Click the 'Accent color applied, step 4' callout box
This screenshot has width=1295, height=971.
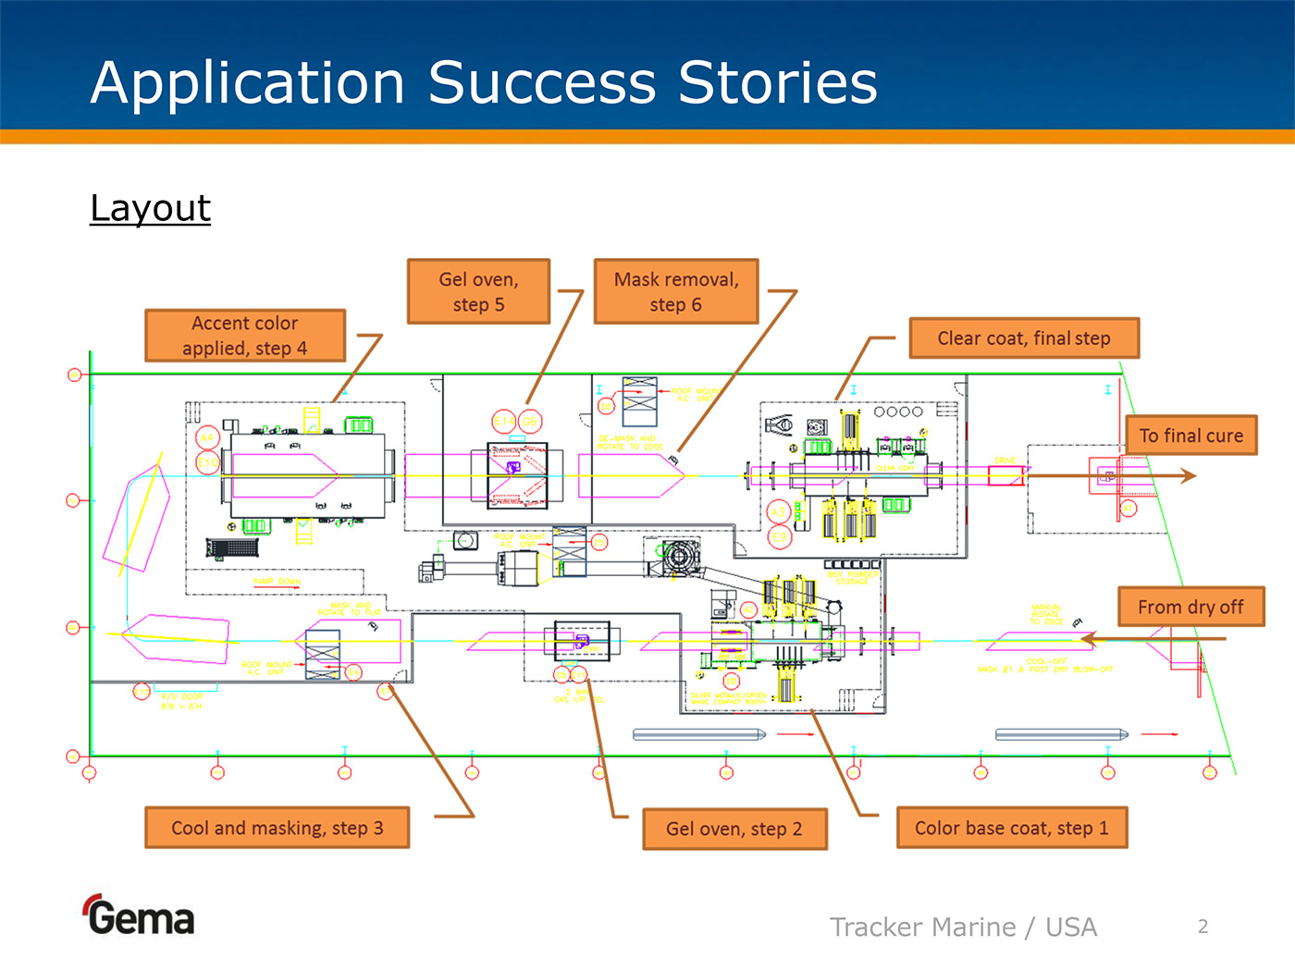click(245, 336)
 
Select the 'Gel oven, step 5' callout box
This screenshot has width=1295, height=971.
click(478, 291)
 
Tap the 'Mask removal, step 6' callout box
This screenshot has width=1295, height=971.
click(676, 291)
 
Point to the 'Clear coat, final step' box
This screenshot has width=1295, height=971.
click(1024, 338)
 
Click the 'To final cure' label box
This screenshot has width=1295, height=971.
click(1191, 436)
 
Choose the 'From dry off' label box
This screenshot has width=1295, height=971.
click(1190, 607)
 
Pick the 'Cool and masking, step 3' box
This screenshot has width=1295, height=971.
click(277, 828)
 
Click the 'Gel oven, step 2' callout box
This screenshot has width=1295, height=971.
click(734, 829)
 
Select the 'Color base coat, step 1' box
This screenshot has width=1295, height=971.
click(1012, 828)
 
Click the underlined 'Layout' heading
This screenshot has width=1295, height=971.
click(151, 208)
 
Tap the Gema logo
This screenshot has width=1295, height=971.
click(140, 916)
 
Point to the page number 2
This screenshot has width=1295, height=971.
click(1202, 927)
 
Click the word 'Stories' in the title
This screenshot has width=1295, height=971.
click(778, 82)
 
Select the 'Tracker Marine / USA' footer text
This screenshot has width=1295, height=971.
click(963, 927)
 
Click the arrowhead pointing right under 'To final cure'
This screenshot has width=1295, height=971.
click(1189, 475)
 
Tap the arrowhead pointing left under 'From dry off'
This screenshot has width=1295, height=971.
click(1089, 638)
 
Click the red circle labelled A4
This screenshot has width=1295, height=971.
click(207, 437)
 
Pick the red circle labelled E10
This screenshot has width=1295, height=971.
click(207, 461)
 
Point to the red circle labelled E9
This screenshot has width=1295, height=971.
click(780, 536)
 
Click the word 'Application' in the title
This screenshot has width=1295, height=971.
click(248, 82)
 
